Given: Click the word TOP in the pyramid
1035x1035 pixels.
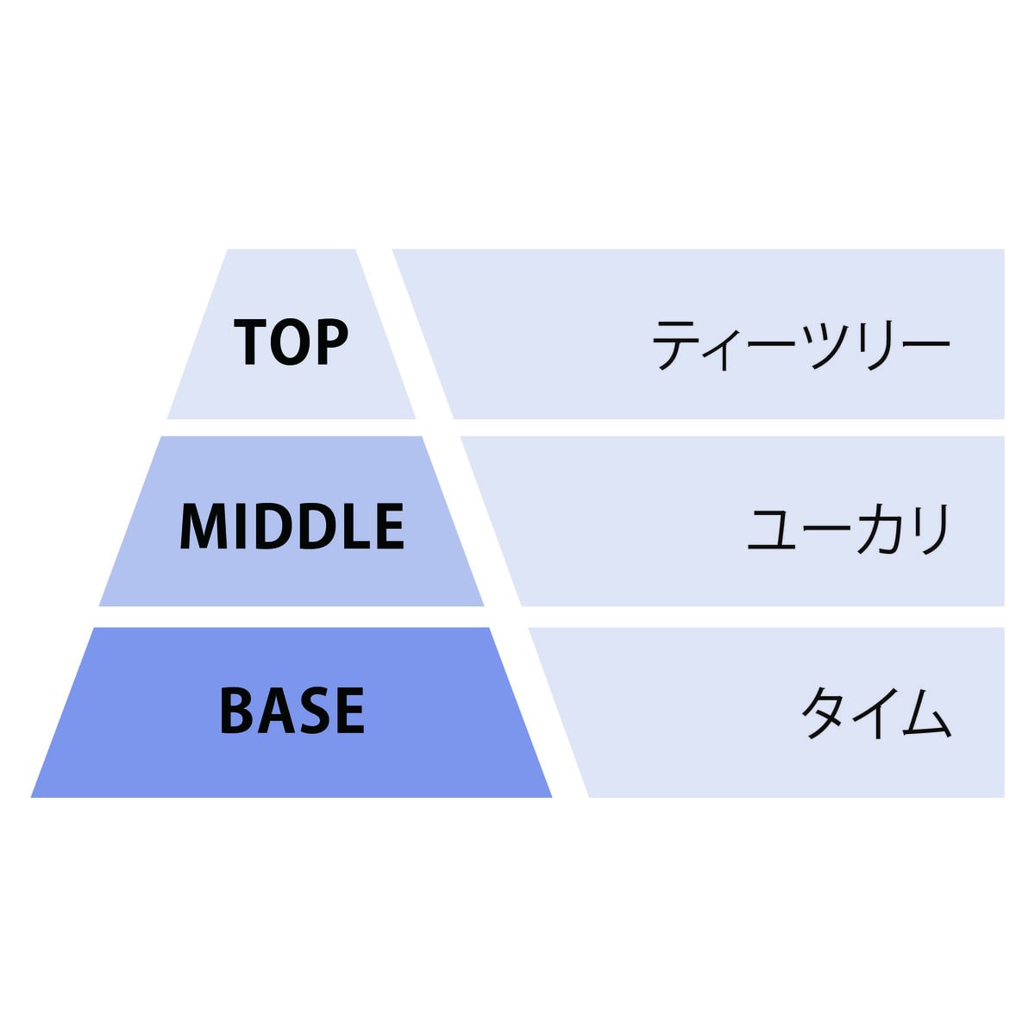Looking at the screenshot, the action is click(x=292, y=342).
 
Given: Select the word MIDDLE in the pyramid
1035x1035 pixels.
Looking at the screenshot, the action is click(x=292, y=526).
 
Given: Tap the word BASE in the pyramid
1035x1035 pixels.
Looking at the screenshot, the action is click(x=292, y=711).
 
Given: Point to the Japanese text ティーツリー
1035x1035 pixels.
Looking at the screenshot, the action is click(x=800, y=345).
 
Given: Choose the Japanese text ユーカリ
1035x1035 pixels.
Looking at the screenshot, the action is click(x=849, y=530).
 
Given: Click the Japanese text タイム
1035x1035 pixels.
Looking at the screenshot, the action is click(x=876, y=712).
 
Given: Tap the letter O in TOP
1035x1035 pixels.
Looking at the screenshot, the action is click(x=292, y=342).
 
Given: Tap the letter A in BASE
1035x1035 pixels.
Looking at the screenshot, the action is click(x=274, y=711).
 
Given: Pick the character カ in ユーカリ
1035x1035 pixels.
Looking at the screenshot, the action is click(x=878, y=530).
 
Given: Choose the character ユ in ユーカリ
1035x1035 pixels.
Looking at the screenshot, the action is click(x=771, y=531).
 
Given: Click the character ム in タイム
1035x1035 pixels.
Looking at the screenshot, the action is click(x=927, y=712).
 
